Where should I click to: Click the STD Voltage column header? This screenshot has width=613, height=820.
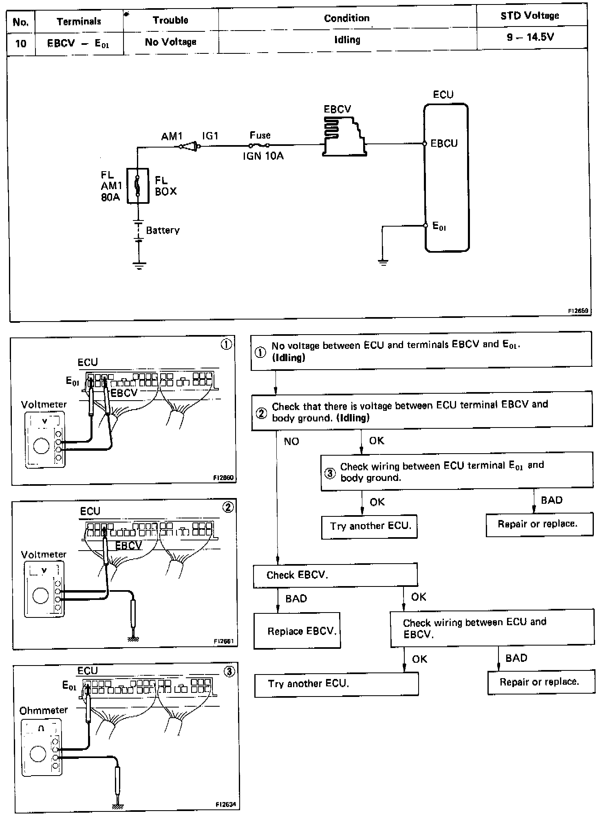click(x=529, y=16)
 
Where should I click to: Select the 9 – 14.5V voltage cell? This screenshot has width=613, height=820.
click(x=530, y=37)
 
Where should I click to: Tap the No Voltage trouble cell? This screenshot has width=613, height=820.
click(x=170, y=42)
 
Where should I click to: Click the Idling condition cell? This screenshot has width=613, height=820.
click(x=347, y=40)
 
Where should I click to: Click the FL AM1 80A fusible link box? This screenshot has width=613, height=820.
click(x=138, y=186)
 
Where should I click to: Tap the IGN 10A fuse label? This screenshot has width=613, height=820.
click(x=263, y=156)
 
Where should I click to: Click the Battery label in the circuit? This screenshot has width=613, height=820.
click(x=163, y=230)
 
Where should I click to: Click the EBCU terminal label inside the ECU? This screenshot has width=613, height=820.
click(x=444, y=143)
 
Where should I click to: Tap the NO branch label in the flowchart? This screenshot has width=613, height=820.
click(x=291, y=441)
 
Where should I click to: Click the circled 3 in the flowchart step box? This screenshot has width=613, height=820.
click(x=330, y=473)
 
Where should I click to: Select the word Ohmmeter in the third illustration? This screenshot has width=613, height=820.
click(x=43, y=710)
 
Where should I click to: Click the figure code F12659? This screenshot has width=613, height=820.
click(x=578, y=311)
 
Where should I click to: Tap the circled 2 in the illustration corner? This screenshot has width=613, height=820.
click(x=227, y=507)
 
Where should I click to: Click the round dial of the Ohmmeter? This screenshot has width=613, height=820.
click(x=38, y=754)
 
